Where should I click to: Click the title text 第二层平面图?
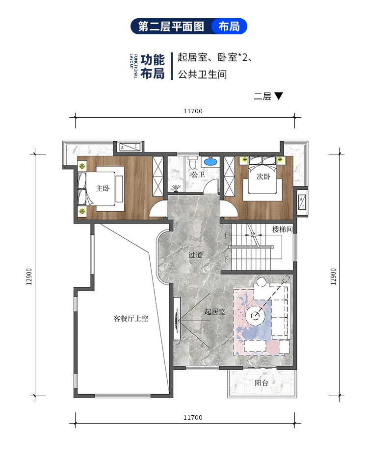(171, 26)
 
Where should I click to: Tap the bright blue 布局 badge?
(229, 26)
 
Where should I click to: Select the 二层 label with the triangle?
(268, 96)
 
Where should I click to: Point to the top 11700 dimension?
(193, 111)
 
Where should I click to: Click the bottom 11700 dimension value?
(193, 418)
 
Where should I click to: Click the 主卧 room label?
(103, 188)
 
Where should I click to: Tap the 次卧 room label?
(263, 177)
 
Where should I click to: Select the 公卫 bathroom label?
(198, 174)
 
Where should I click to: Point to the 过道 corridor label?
(195, 255)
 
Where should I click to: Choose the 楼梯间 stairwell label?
(282, 229)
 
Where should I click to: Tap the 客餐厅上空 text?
(131, 318)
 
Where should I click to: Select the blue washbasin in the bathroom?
(210, 161)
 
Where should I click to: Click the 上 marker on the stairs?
(226, 236)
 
